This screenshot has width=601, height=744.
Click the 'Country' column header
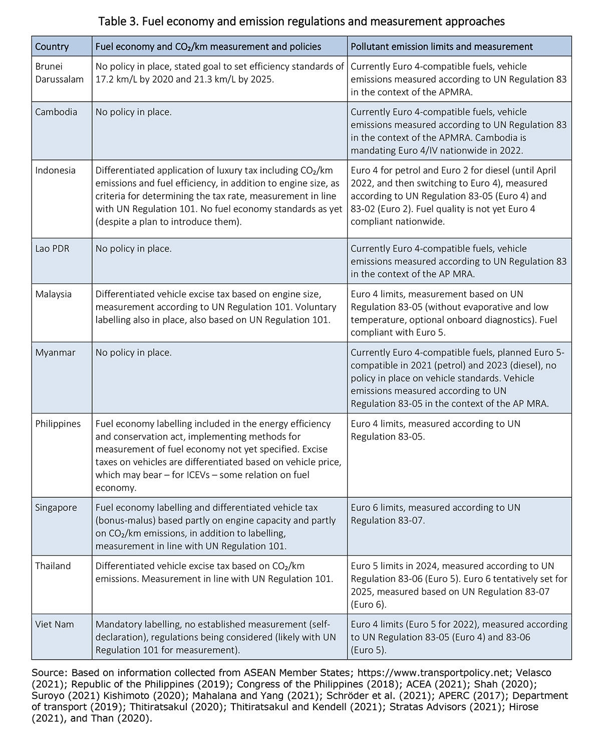[x=52, y=47]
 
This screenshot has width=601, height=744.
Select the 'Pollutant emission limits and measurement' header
[x=441, y=47]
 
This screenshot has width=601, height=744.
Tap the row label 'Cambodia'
[x=56, y=112]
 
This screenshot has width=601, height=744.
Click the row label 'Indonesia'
[x=55, y=170]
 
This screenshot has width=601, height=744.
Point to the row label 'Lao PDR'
[x=52, y=249]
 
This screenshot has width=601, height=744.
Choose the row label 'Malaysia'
[x=54, y=294]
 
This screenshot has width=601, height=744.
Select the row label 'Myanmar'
[x=55, y=353]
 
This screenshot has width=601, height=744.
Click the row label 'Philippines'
[x=58, y=424]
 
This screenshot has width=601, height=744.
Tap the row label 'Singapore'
[x=56, y=508]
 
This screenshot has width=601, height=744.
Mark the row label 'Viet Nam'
[x=54, y=625]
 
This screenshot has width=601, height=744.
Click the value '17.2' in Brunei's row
[x=104, y=79]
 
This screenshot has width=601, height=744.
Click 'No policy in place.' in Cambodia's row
[x=133, y=112]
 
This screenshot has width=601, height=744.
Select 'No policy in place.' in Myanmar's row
[x=133, y=353]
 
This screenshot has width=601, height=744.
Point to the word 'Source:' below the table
[x=50, y=672]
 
